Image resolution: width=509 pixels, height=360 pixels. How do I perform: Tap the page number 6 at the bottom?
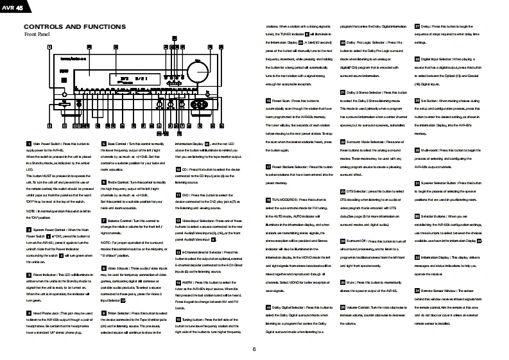(x=254, y=348)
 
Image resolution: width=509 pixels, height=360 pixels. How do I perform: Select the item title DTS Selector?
(x=360, y=191)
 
